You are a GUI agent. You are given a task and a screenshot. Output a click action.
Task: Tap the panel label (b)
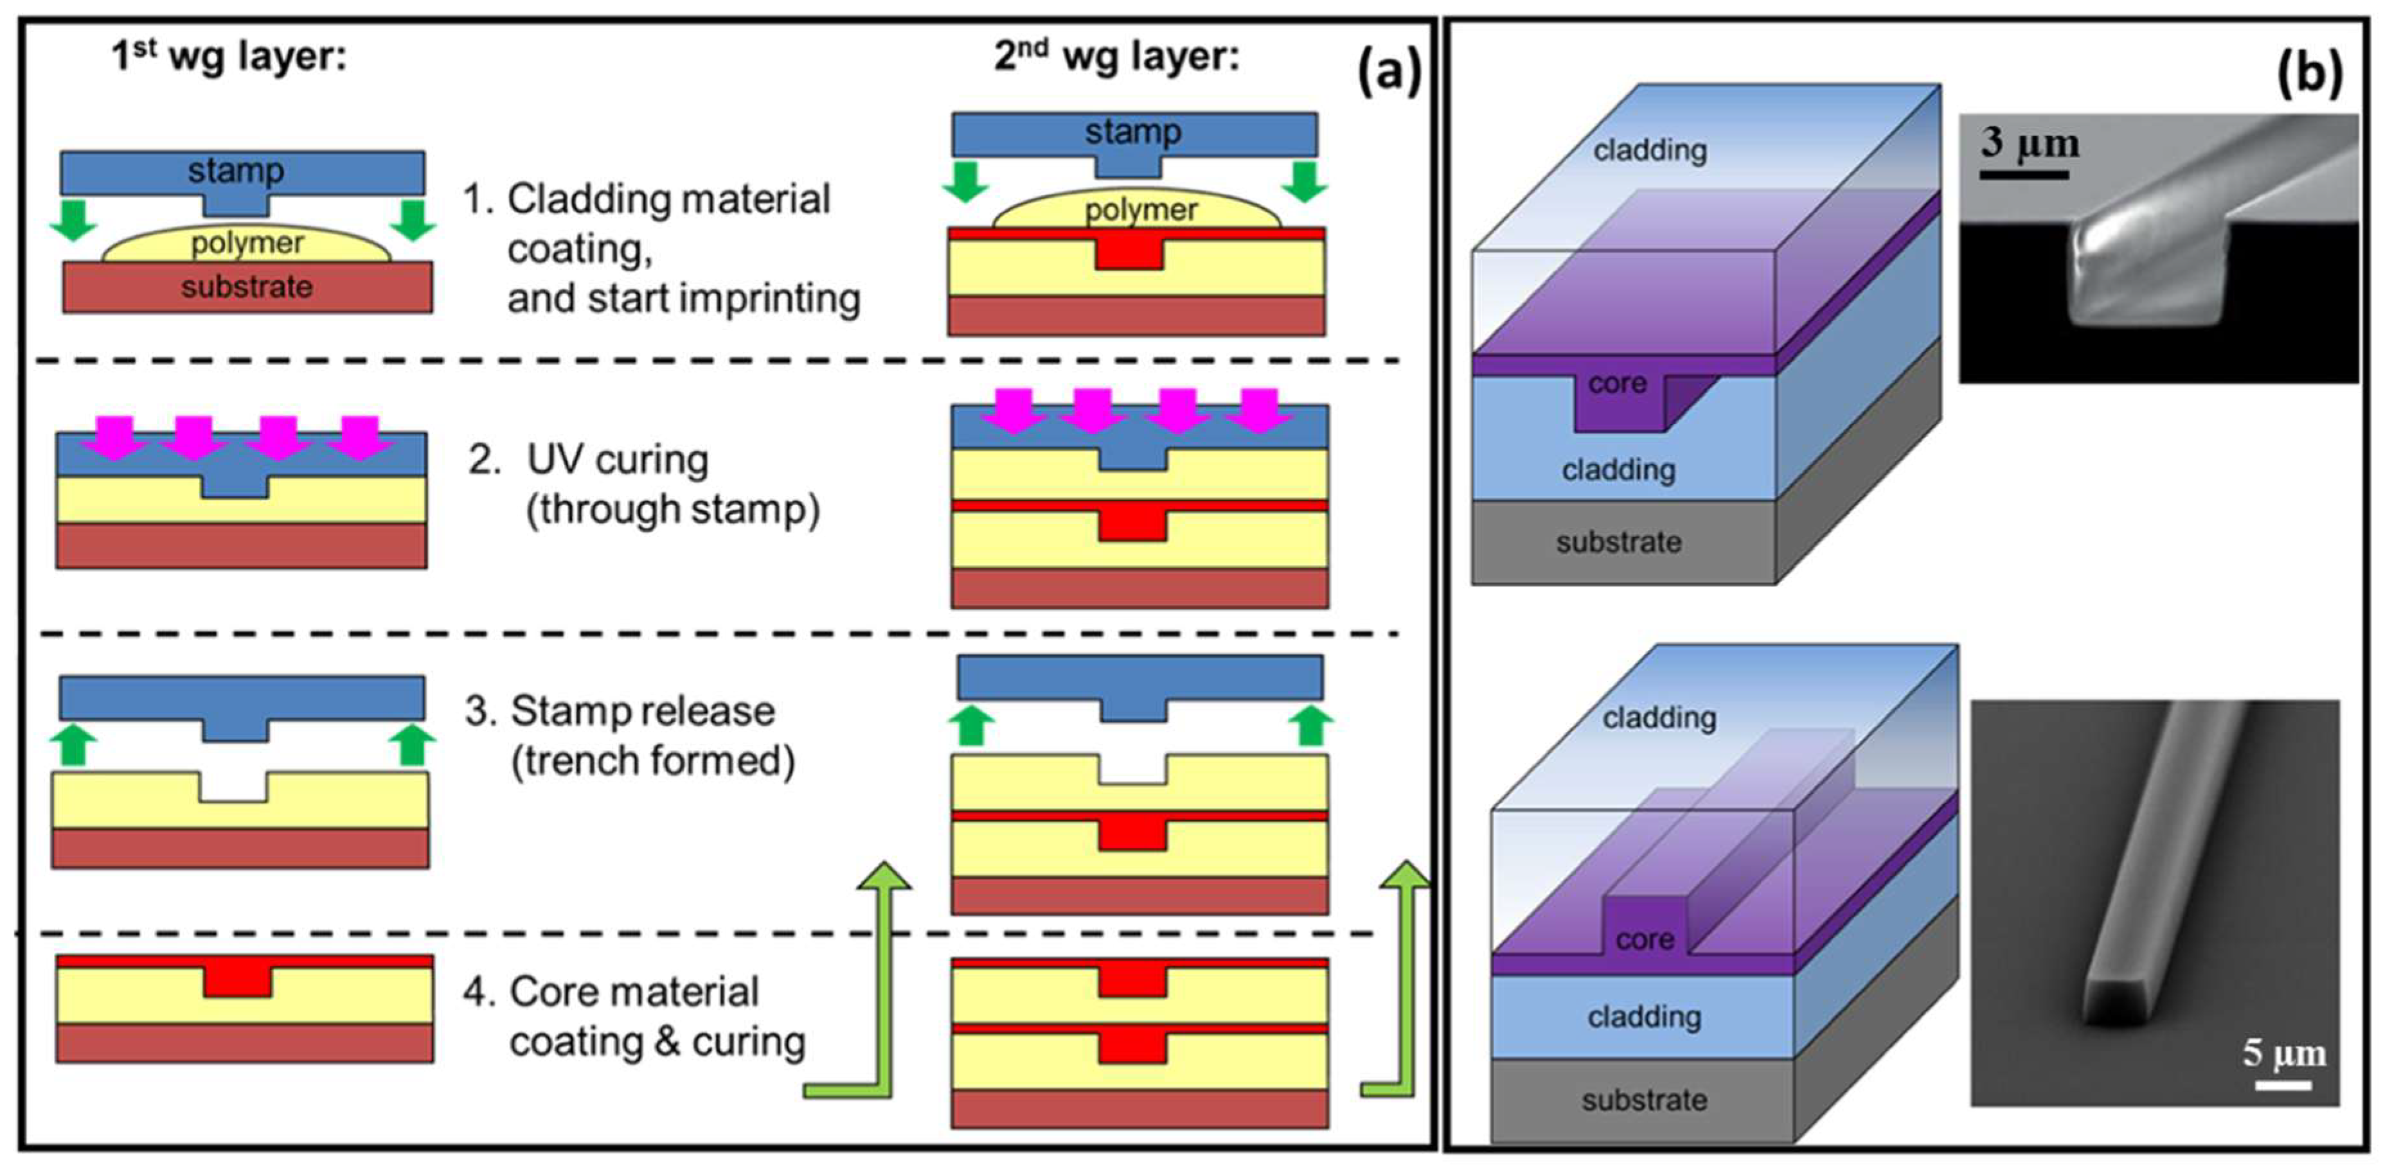click(2309, 70)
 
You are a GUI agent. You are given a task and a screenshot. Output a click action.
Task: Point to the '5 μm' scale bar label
click(2283, 1053)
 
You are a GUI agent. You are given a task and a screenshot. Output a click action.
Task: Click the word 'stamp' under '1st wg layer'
click(236, 170)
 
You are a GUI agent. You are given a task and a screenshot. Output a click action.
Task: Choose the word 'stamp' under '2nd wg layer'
click(1133, 131)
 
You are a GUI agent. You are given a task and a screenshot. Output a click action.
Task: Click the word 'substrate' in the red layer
click(246, 286)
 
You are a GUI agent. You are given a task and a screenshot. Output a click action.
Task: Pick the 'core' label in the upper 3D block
click(1617, 383)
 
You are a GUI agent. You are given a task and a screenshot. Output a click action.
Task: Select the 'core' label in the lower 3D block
click(1645, 940)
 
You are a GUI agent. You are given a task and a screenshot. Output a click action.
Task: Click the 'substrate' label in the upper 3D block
click(1618, 542)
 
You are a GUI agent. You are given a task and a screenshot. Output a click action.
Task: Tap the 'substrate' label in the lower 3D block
click(1644, 1100)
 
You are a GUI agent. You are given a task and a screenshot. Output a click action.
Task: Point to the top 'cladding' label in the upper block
click(1650, 150)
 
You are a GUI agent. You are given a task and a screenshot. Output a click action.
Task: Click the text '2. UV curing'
click(588, 460)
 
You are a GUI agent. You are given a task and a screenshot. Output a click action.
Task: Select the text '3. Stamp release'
click(620, 710)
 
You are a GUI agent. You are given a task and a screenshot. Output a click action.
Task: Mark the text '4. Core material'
click(611, 992)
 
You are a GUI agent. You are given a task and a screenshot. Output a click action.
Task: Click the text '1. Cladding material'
click(647, 199)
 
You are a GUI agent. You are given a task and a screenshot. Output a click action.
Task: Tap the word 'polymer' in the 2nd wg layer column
click(1141, 210)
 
